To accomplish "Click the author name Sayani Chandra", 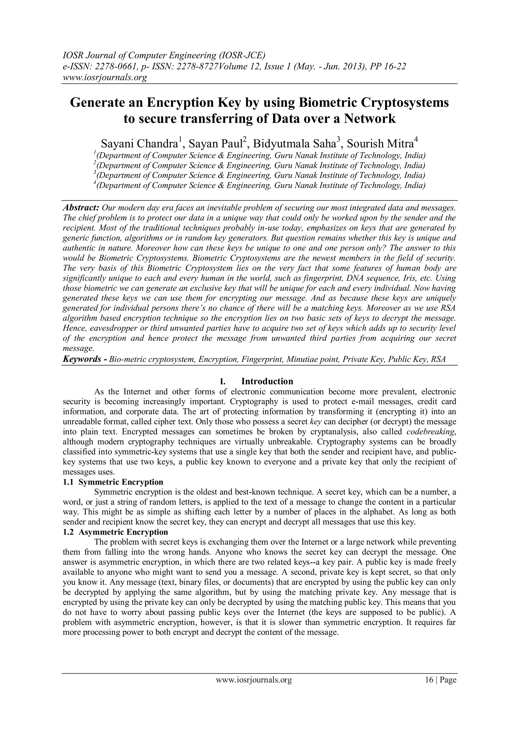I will (x=139, y=144).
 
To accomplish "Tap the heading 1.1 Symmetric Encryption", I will (x=113, y=482).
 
